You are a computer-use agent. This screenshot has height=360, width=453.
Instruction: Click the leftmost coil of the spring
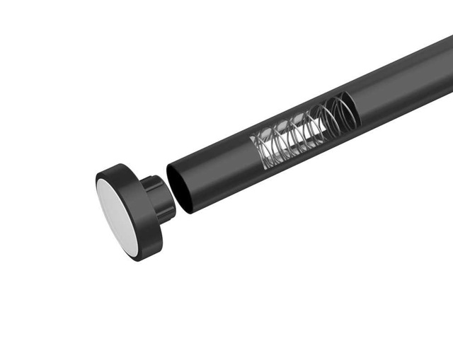tap(260, 149)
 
